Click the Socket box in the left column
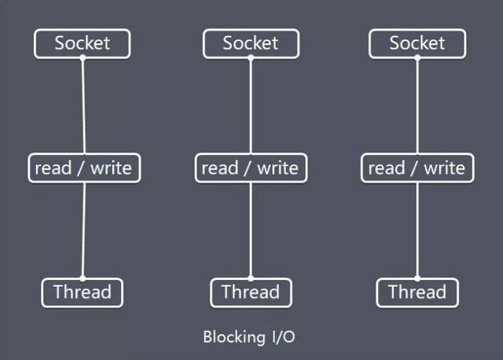pyautogui.click(x=82, y=44)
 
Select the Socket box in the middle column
pyautogui.click(x=251, y=44)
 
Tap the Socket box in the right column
pyautogui.click(x=417, y=44)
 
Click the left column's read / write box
pyautogui.click(x=84, y=168)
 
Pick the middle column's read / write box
pyautogui.click(x=251, y=168)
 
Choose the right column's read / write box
pyautogui.click(x=417, y=168)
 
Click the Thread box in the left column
pyautogui.click(x=82, y=292)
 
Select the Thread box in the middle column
pyautogui.click(x=251, y=292)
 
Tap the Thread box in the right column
pyautogui.click(x=417, y=292)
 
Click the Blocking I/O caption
pyautogui.click(x=249, y=337)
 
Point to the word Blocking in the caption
pyautogui.click(x=234, y=337)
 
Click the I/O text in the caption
pyautogui.click(x=284, y=337)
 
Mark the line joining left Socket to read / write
pyautogui.click(x=83, y=106)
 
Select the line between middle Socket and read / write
pyautogui.click(x=251, y=106)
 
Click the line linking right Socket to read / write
pyautogui.click(x=417, y=106)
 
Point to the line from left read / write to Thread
pyautogui.click(x=84, y=230)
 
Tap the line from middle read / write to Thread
pyautogui.click(x=251, y=230)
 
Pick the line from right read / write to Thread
pyautogui.click(x=417, y=230)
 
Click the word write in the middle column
pyautogui.click(x=277, y=168)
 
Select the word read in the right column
pyautogui.click(x=387, y=168)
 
